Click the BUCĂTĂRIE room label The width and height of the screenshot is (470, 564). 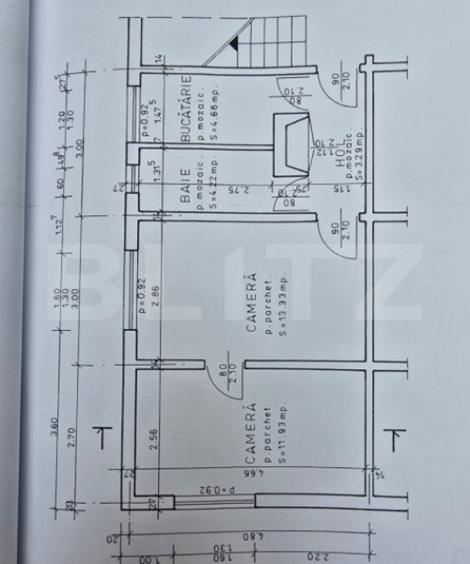point(186,108)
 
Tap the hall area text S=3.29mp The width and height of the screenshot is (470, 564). point(360,156)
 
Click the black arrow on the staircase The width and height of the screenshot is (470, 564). point(234,46)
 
